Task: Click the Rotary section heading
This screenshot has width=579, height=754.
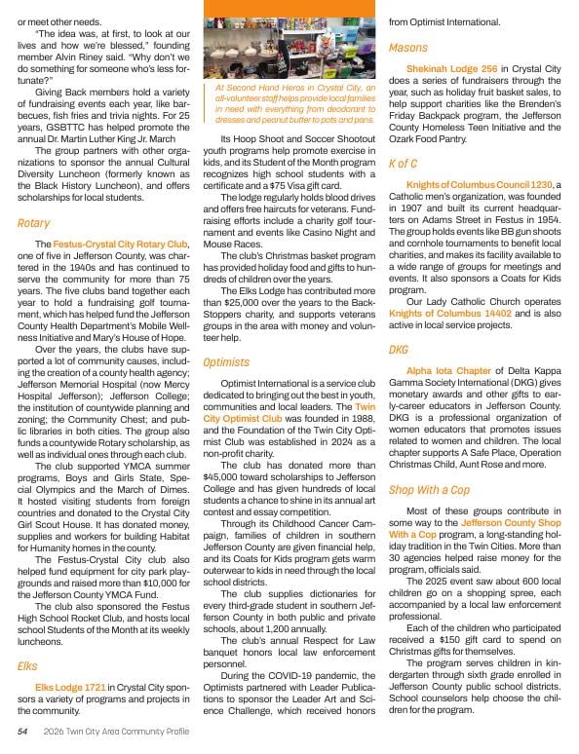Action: tap(34, 223)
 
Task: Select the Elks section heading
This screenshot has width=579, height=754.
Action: tap(27, 666)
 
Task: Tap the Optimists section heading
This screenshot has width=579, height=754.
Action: tap(225, 362)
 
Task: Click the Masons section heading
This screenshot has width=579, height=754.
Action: tap(408, 47)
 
